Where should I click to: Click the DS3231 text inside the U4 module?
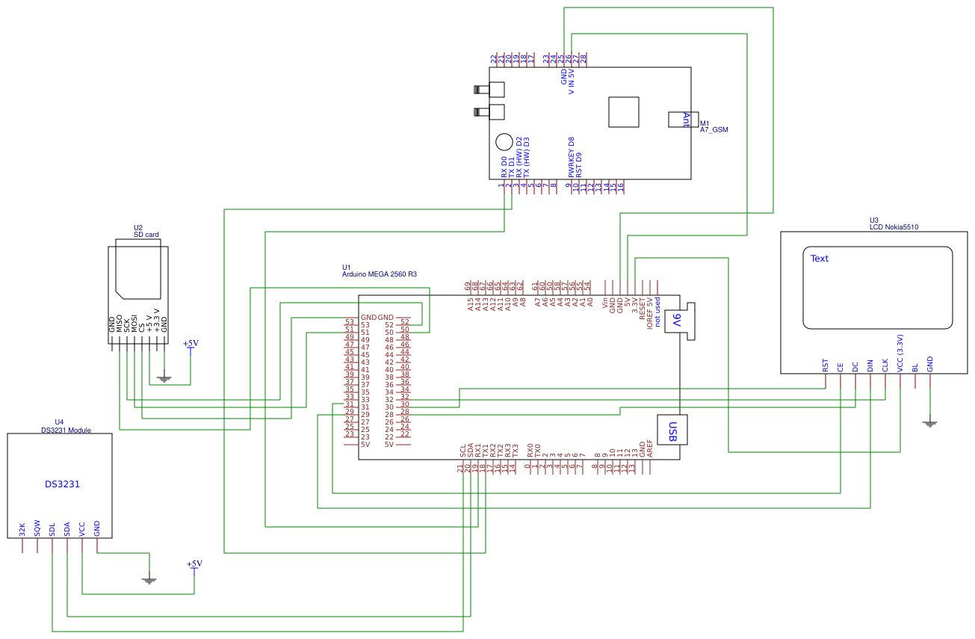62,484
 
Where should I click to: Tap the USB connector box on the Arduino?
672,430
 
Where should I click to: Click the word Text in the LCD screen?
820,259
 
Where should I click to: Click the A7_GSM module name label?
714,130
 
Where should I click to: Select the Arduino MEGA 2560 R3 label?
379,274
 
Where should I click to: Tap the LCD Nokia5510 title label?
894,227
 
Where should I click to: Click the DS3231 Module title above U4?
66,430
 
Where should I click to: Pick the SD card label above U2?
146,235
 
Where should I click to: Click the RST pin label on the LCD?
826,365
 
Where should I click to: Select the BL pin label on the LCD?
915,368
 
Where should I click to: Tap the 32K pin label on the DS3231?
22,530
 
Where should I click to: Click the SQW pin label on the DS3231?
37,529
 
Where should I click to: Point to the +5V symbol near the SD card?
191,344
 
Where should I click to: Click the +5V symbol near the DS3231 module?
194,564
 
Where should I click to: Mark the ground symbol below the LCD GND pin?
930,424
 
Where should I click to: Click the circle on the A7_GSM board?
505,142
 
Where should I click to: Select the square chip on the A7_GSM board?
624,112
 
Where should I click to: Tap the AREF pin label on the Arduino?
650,449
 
